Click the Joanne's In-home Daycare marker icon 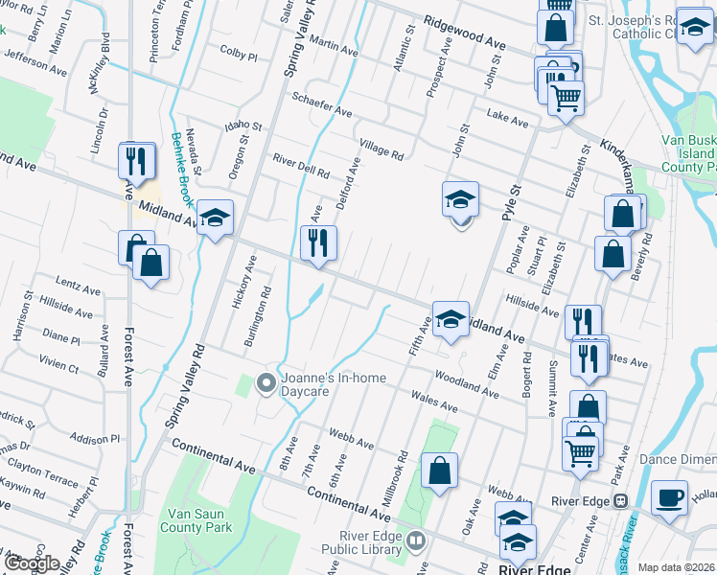point(267,384)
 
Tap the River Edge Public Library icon point(416,541)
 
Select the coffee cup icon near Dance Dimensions point(669,497)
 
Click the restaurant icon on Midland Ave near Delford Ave point(318,243)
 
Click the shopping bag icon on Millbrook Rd point(438,471)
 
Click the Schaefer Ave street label point(322,103)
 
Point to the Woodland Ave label point(466,385)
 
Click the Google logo point(32,563)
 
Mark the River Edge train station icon point(621,500)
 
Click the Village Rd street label point(382,149)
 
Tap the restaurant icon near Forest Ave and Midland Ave point(136,160)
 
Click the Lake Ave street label point(507,120)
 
